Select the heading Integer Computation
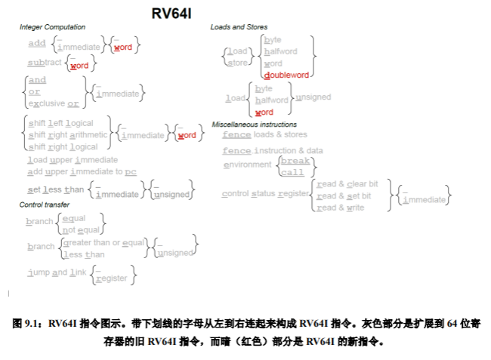tap(52, 27)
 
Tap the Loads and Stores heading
tap(239, 27)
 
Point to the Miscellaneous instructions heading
tap(254, 124)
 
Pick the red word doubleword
tap(286, 75)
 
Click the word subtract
tap(45, 63)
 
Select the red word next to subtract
tap(79, 66)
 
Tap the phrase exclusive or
tap(53, 103)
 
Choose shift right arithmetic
tap(68, 134)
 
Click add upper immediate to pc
tap(82, 171)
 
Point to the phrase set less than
tap(56, 189)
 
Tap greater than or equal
tap(104, 242)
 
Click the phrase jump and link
tap(57, 272)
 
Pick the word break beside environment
tap(295, 161)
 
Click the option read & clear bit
tap(347, 183)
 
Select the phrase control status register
tap(265, 194)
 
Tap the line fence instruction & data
tap(272, 151)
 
